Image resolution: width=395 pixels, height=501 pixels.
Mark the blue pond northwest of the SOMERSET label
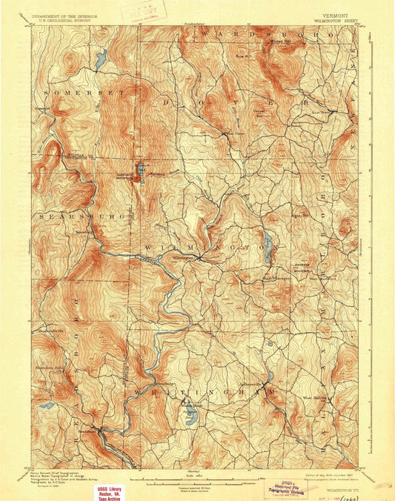pos(102,56)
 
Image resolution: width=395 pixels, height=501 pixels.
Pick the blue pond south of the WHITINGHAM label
pos(191,417)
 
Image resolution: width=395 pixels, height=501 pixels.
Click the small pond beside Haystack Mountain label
pos(139,166)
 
